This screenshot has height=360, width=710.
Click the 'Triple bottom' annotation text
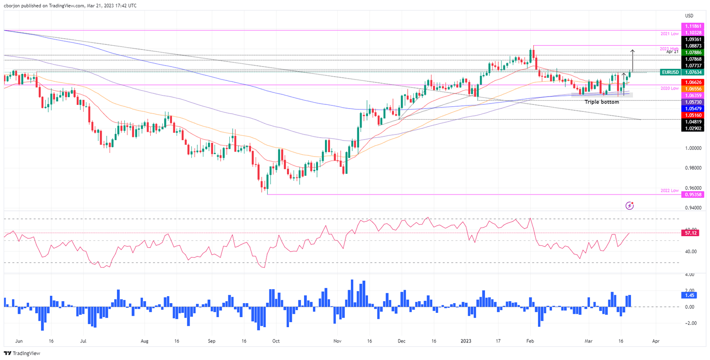pos(601,101)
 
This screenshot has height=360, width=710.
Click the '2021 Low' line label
pos(669,34)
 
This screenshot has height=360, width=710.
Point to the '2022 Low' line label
pos(669,190)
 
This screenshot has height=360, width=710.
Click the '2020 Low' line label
pos(669,88)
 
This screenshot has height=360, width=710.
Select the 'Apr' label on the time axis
pos(655,341)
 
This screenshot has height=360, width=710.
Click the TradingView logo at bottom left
pos(22,353)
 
